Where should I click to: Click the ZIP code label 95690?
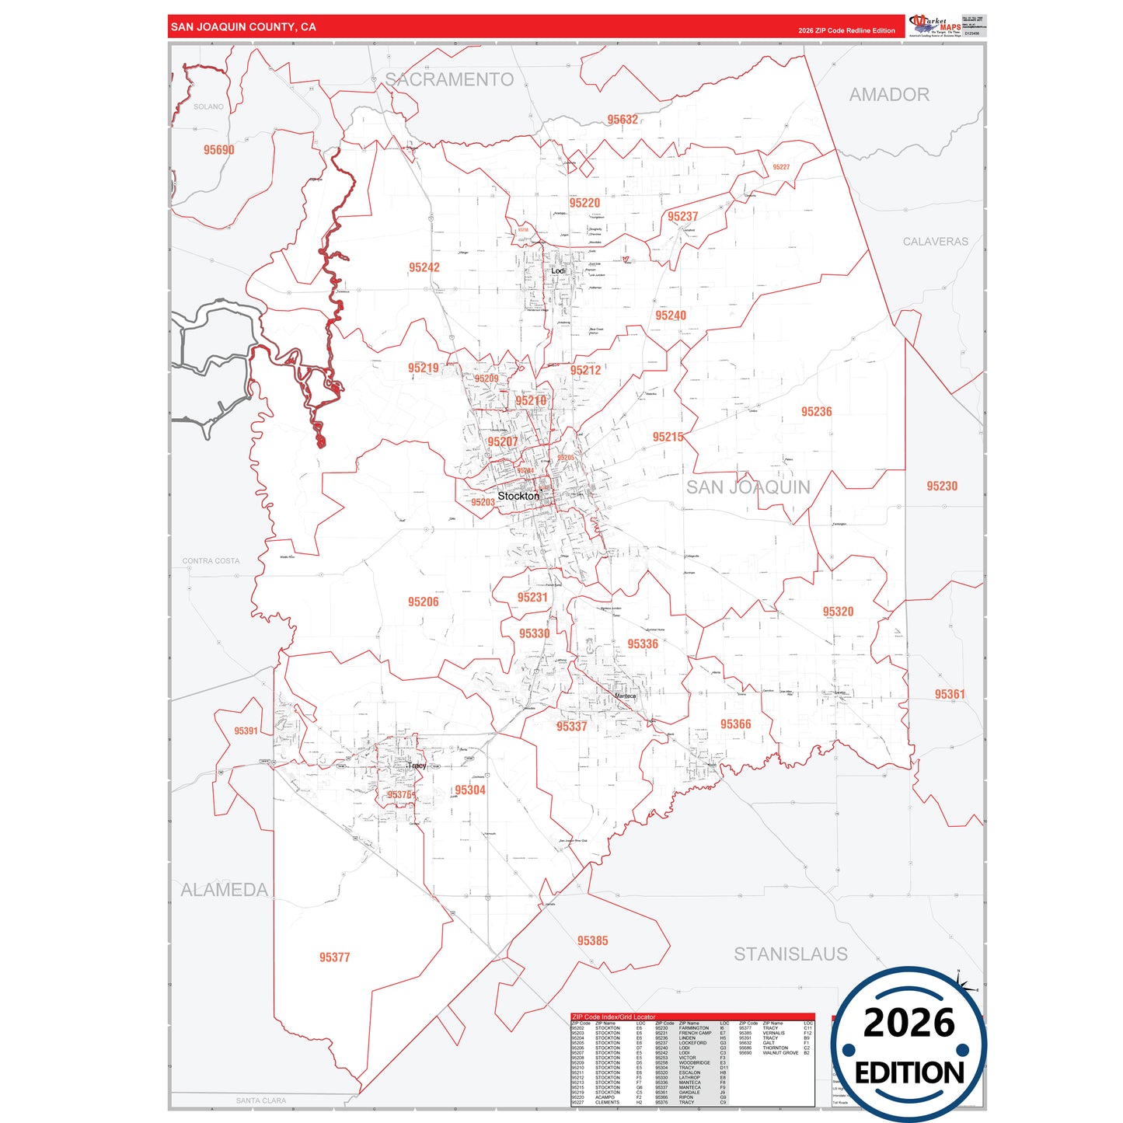click(218, 150)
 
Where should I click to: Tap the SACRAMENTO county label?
click(449, 80)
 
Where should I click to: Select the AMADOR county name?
click(889, 95)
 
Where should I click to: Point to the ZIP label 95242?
click(424, 267)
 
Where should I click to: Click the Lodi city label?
click(558, 270)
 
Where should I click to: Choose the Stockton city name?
click(518, 496)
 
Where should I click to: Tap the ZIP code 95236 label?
click(816, 412)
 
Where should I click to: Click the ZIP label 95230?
click(942, 487)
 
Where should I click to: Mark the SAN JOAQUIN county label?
click(748, 487)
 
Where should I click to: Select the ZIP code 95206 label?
click(423, 602)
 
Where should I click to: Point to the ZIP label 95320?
click(838, 612)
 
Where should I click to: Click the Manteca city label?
click(625, 696)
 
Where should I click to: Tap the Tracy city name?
click(417, 766)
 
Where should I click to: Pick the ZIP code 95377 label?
click(334, 957)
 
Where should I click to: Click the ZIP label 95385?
click(592, 941)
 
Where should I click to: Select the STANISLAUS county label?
click(790, 954)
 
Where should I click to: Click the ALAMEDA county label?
click(224, 891)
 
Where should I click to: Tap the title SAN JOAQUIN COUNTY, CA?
click(243, 27)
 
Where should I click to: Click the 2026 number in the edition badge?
click(909, 1024)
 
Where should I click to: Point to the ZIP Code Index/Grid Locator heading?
click(613, 1017)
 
